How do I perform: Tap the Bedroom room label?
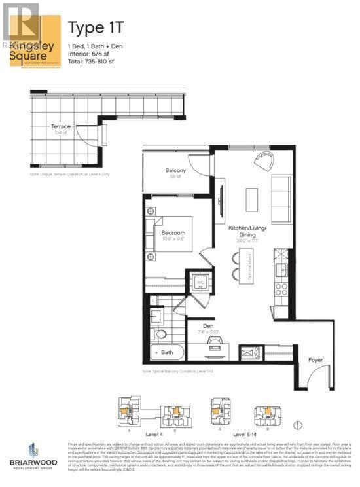[x=173, y=232]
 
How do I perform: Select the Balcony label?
[x=175, y=171]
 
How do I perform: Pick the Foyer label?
[x=316, y=359]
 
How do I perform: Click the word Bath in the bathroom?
[x=168, y=352]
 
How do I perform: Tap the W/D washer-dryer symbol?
[x=200, y=283]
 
